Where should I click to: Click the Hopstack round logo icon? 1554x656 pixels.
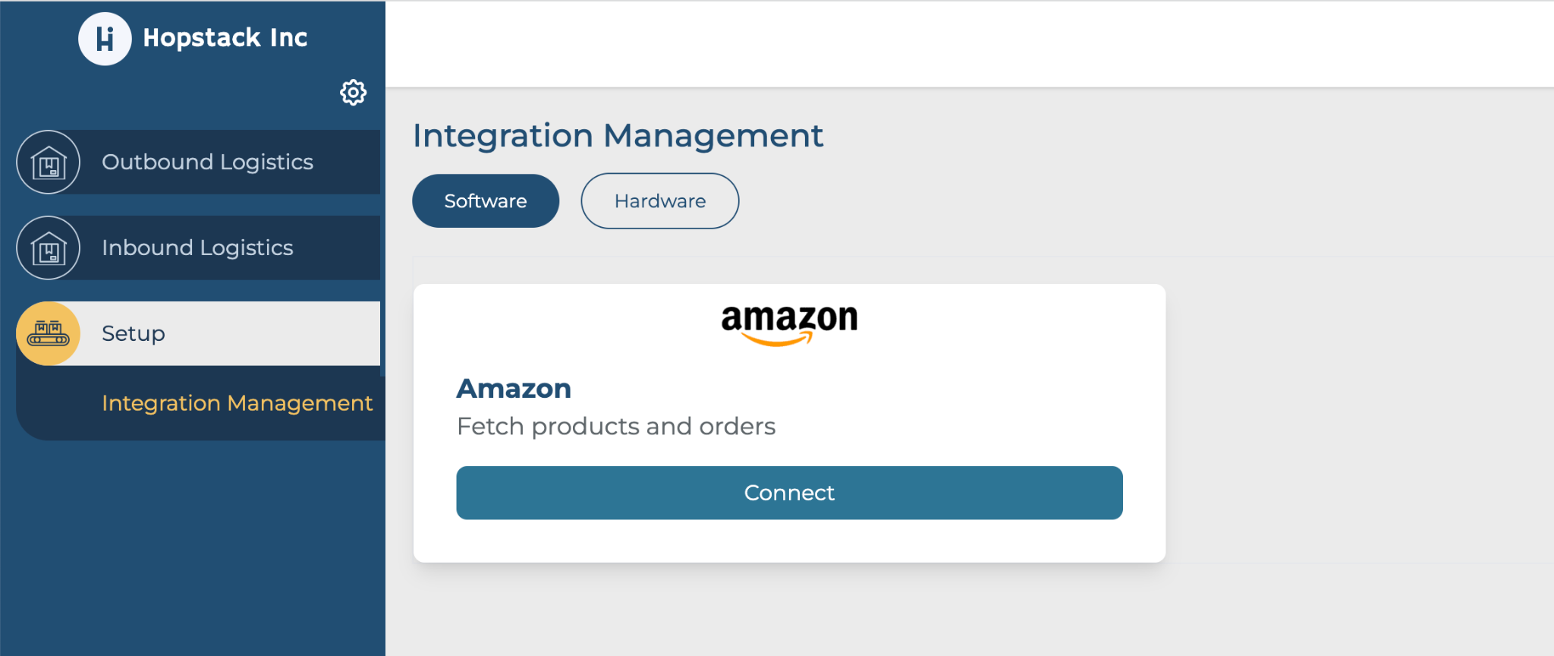(105, 39)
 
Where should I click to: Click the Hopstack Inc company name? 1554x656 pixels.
(225, 38)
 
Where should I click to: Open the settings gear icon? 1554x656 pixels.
(353, 93)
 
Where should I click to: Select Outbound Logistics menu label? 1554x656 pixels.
(207, 162)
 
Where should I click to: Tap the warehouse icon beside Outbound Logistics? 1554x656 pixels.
(49, 162)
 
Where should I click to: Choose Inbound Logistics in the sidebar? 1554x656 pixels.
(197, 248)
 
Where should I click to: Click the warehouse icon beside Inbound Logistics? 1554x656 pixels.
(49, 248)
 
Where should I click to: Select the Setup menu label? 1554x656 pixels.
(134, 334)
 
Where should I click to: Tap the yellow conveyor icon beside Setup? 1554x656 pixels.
(49, 333)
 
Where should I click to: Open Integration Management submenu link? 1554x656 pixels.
(237, 403)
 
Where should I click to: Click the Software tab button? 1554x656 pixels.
(486, 201)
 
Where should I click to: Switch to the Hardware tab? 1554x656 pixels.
(660, 201)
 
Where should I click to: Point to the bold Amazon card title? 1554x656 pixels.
(514, 389)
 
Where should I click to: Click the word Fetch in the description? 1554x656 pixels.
(491, 427)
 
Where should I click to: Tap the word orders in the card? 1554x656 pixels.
(738, 427)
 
